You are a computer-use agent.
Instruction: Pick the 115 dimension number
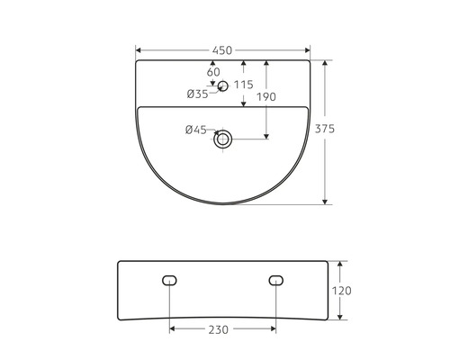point(243,85)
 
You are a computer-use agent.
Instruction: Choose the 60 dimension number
point(213,72)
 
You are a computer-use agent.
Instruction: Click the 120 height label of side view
point(341,291)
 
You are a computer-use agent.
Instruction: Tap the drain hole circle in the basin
point(223,139)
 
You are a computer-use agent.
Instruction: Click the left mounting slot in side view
point(169,280)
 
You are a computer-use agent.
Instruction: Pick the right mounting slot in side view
point(275,280)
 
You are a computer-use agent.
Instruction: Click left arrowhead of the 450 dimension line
point(139,49)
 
